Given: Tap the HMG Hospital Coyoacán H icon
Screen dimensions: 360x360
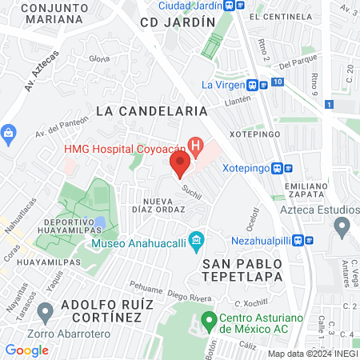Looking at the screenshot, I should [194, 146].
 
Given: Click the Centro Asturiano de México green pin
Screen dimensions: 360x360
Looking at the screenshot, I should [210, 322].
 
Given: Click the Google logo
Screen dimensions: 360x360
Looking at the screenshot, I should [26, 350].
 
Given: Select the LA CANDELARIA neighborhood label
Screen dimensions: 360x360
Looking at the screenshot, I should [151, 110].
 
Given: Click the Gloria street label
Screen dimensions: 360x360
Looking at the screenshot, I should [99, 58].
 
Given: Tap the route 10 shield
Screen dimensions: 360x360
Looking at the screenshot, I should [277, 82].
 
